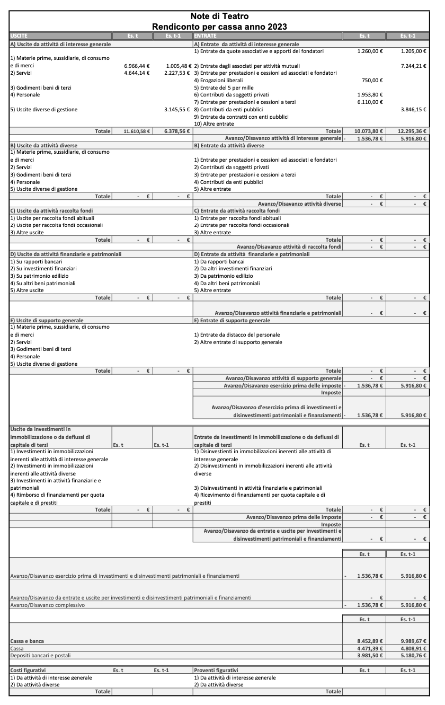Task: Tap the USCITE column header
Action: [x=19, y=36]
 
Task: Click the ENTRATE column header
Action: [x=204, y=36]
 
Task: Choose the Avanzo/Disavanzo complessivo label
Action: [x=47, y=605]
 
